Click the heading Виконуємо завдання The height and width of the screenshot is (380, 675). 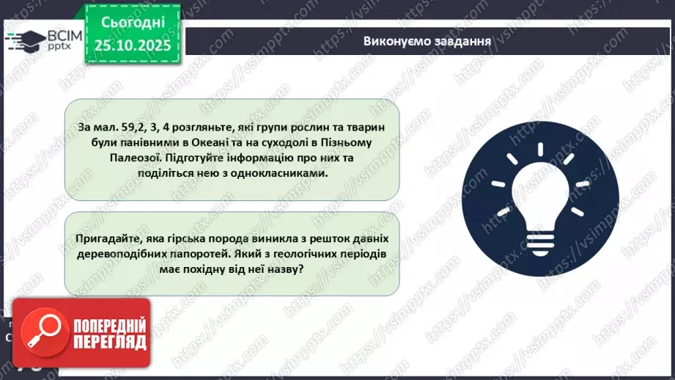point(427,40)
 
